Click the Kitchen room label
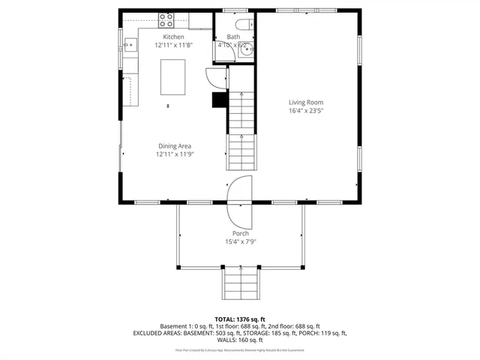(174, 37)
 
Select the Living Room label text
(307, 102)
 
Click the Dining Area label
(174, 146)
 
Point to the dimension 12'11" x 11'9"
(174, 154)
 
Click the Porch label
(240, 233)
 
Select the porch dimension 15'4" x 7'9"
(240, 241)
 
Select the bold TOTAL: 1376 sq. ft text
(240, 319)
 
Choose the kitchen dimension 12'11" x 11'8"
(174, 45)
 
